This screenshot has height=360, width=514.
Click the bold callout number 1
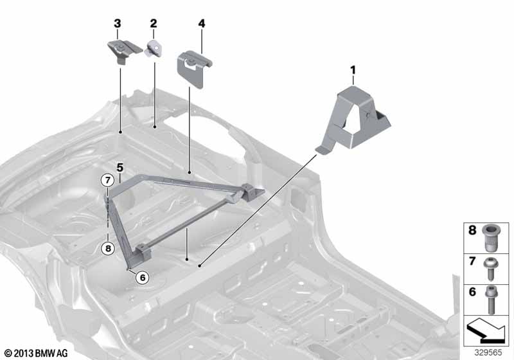point(353,70)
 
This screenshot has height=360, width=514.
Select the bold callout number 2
point(154,24)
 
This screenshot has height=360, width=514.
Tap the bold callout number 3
point(118,24)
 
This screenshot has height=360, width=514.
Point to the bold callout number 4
point(202,24)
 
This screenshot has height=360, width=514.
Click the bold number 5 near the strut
point(120,168)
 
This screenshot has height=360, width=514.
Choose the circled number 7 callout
point(107,180)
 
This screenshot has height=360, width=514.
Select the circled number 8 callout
point(108,249)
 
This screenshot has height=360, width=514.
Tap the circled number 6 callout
point(143,278)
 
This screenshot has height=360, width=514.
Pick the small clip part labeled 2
point(153,49)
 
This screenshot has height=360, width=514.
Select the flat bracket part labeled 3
point(125,51)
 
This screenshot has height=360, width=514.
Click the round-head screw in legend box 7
point(491,268)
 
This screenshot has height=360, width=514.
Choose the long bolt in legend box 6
point(491,298)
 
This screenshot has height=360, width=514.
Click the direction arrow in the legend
point(486,331)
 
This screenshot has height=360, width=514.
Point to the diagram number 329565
point(488,352)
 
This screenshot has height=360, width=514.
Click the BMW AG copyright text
point(36,353)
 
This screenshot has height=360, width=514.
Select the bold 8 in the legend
point(472,230)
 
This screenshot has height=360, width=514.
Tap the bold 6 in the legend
point(472,291)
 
